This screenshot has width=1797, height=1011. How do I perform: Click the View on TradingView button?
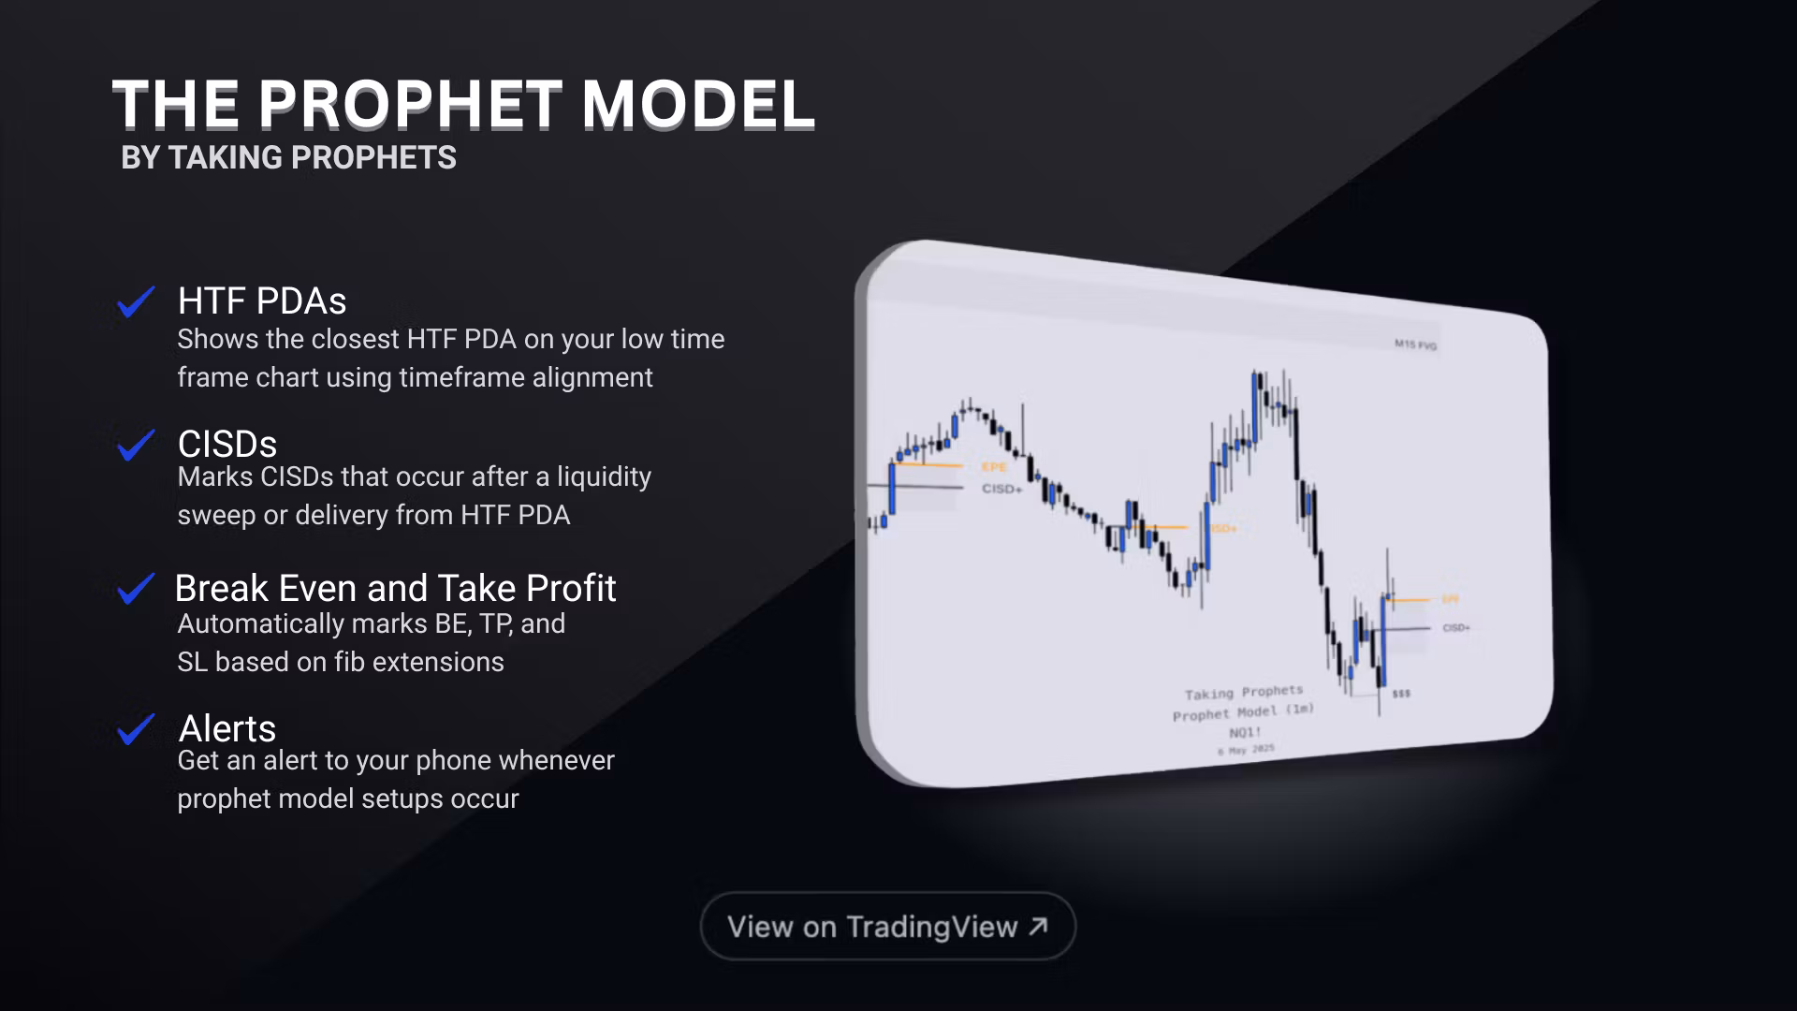887,926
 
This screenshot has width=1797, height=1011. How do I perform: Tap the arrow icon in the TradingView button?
1038,926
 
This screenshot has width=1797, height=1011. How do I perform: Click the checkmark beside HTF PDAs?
136,301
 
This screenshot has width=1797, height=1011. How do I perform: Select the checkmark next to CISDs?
136,445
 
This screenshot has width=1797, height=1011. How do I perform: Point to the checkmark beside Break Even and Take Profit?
136,589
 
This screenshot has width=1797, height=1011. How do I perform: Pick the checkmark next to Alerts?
136,729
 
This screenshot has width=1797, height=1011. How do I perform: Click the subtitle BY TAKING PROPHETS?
288,157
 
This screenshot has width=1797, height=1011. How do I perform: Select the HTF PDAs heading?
262,301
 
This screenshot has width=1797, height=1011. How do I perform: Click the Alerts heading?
227,728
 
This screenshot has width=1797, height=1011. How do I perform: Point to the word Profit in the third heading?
571,588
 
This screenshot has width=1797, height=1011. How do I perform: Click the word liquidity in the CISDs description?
604,476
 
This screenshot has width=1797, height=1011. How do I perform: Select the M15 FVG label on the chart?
1415,344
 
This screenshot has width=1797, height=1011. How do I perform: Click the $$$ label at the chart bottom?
1401,694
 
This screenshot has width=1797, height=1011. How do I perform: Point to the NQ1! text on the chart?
1245,732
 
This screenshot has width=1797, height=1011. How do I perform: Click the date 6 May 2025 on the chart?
1246,750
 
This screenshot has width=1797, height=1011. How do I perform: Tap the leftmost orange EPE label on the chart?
994,467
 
